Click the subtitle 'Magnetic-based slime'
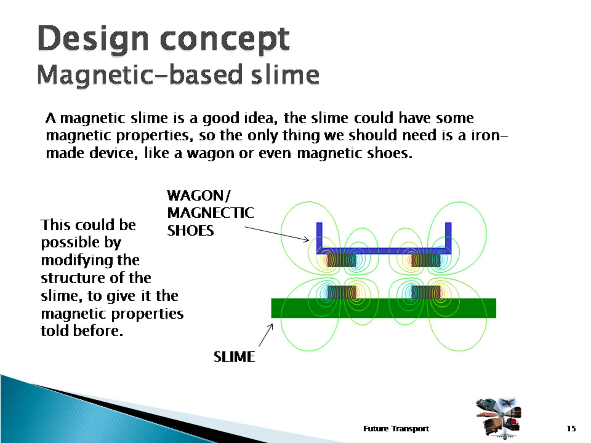(178, 75)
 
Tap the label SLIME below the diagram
(234, 357)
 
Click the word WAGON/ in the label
(199, 196)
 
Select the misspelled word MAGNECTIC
(211, 213)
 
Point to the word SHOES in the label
(191, 231)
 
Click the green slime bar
(384, 308)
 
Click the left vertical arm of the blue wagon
(319, 236)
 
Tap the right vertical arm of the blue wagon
(448, 236)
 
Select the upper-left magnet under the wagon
(341, 260)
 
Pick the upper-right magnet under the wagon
(426, 260)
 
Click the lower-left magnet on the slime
(341, 292)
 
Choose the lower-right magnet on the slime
(426, 292)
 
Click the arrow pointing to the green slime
(266, 335)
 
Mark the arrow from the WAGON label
(277, 234)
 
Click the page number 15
(571, 428)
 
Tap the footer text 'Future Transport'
(396, 429)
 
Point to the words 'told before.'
(82, 331)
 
